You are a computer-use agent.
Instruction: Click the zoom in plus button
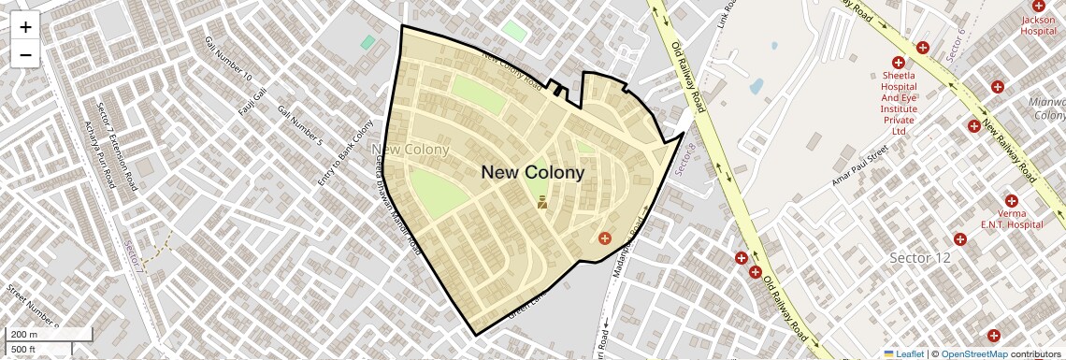(25, 27)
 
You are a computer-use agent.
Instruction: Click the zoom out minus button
(25, 55)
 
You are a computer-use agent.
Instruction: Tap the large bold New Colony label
(532, 172)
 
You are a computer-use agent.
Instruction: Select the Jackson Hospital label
(1037, 25)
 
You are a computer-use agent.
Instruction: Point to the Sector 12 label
(919, 258)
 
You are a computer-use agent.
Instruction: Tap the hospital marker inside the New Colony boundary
(604, 239)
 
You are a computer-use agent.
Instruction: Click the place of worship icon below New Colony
(541, 201)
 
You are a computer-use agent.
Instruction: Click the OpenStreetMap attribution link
(973, 353)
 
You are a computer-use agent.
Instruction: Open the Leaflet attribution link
(903, 353)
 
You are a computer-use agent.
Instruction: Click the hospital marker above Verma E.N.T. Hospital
(1011, 200)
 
